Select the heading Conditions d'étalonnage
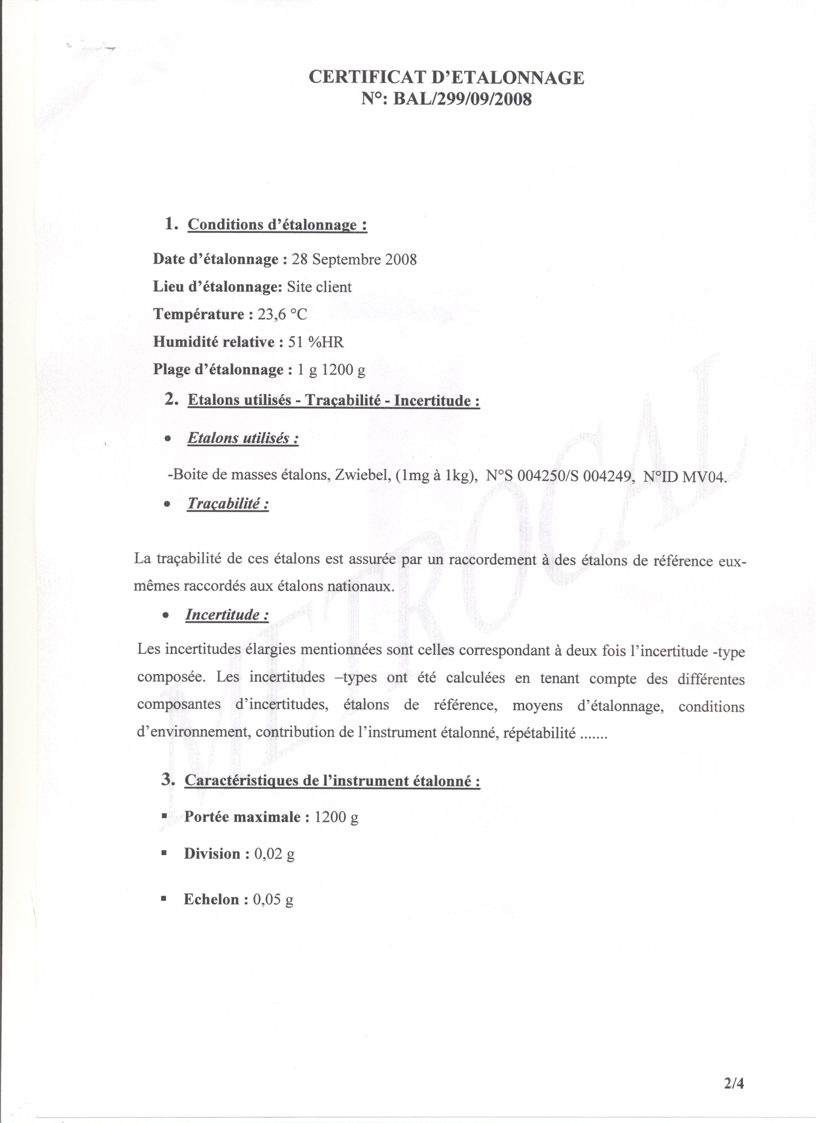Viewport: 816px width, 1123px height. click(x=277, y=225)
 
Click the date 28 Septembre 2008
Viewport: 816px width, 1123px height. click(x=354, y=259)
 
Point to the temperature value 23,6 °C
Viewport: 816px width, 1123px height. click(x=282, y=315)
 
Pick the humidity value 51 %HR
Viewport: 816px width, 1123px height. click(x=316, y=342)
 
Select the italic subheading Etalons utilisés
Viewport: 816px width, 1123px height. click(x=243, y=438)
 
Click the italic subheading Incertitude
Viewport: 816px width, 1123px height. click(x=227, y=615)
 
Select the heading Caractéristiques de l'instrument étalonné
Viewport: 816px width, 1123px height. click(x=332, y=781)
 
